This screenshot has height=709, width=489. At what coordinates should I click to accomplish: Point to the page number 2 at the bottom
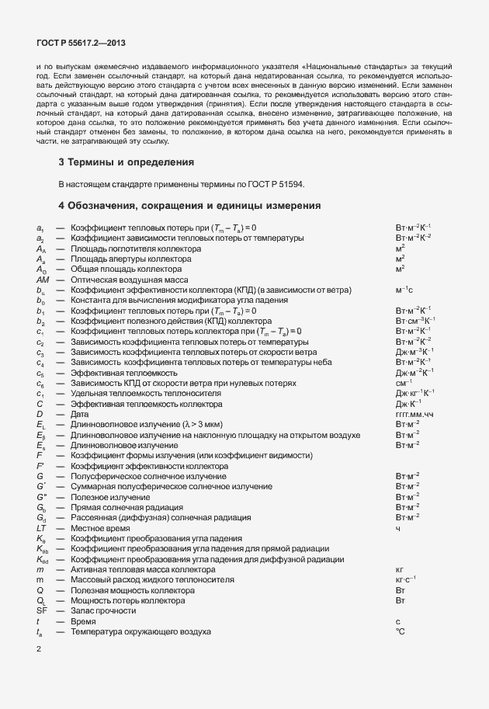click(39, 649)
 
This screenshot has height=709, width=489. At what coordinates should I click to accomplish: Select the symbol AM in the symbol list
click(43, 279)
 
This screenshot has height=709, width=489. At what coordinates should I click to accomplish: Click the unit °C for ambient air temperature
click(401, 632)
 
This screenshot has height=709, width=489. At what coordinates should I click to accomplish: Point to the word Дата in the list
click(81, 415)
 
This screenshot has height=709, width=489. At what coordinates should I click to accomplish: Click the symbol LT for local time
click(41, 527)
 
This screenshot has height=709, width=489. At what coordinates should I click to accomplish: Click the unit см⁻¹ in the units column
click(403, 383)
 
